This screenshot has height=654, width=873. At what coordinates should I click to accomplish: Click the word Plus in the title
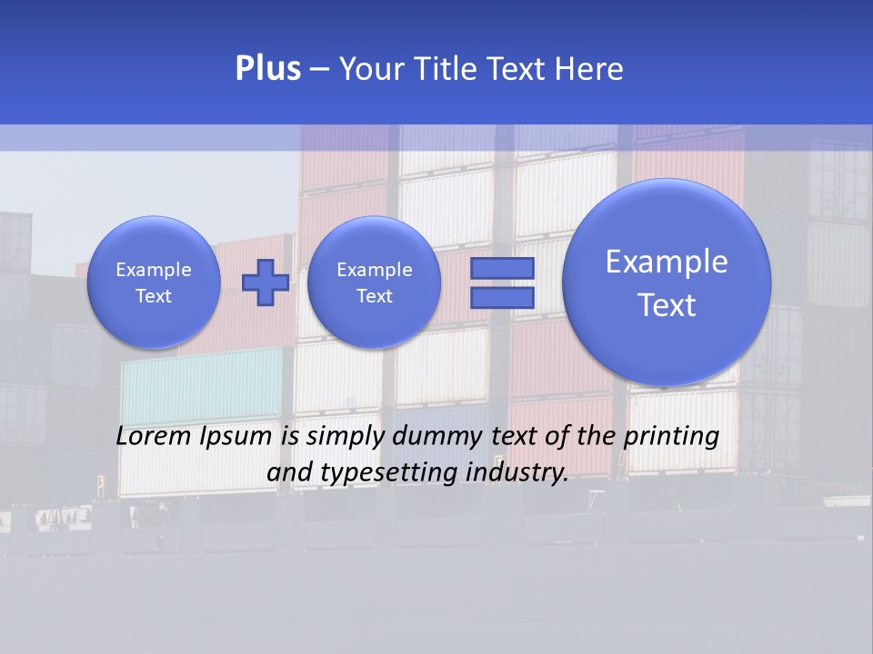pos(267,69)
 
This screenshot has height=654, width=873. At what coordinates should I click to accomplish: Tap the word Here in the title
pos(590,69)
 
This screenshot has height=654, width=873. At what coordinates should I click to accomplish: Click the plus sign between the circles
pos(266,282)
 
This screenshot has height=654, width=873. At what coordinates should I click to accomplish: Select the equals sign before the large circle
pos(501,283)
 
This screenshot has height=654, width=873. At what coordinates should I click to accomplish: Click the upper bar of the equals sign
pos(501,269)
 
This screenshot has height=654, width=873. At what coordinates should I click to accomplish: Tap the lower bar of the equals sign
pos(501,298)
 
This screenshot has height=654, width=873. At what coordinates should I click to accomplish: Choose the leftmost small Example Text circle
pos(153,282)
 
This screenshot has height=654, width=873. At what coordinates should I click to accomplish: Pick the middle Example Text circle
pos(374,282)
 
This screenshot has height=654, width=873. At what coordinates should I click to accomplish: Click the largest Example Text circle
pos(667,282)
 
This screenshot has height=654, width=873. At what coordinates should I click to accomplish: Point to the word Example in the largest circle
pos(667,262)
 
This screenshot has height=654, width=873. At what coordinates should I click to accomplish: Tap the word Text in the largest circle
pos(667,305)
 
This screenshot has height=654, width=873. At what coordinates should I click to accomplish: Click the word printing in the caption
pos(671,436)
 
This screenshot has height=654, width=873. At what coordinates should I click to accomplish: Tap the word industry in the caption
pos(522,472)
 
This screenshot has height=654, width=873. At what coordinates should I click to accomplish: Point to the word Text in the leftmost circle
pos(153,296)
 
